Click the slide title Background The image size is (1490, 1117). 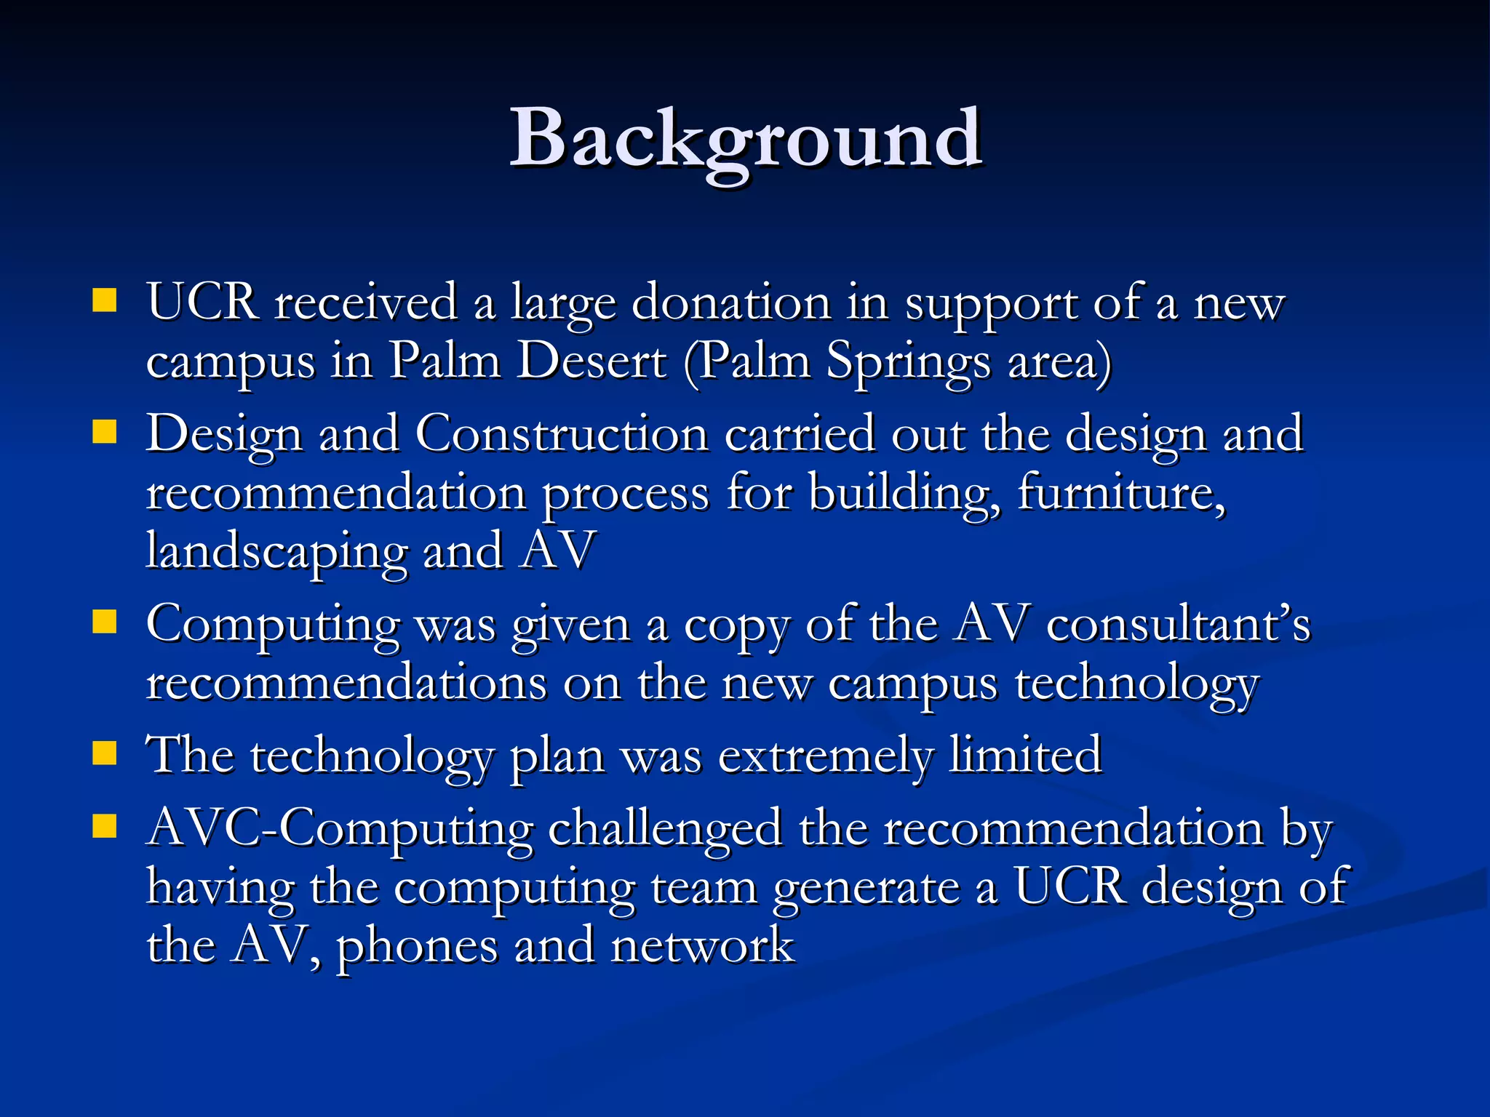(746, 138)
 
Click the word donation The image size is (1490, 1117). (730, 303)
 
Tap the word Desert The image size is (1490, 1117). (591, 361)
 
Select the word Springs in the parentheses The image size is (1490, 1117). (908, 361)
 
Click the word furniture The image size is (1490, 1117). (1121, 493)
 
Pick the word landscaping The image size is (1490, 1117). (276, 551)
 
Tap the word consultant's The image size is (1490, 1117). (1178, 625)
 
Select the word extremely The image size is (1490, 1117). (824, 756)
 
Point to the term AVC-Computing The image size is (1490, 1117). (339, 829)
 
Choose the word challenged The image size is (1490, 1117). (664, 829)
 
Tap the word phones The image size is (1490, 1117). (416, 947)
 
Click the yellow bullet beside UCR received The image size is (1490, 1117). (105, 300)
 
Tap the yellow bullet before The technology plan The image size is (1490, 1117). (105, 754)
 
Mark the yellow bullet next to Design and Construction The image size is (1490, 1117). (105, 432)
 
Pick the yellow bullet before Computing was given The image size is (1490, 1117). (105, 622)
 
